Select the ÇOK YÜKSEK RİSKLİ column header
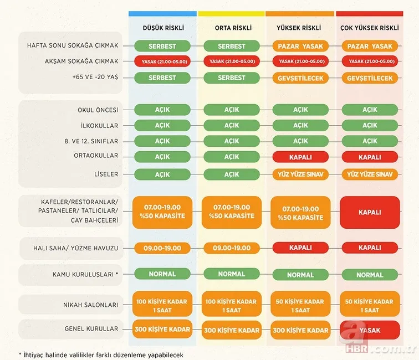[x=370, y=27]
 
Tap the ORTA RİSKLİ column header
[x=231, y=27]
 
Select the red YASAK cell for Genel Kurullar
[x=370, y=330]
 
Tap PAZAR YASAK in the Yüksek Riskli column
[x=300, y=46]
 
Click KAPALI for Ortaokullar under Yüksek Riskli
[x=300, y=157]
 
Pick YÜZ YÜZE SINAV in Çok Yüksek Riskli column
[x=370, y=174]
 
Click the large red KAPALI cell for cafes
[x=370, y=212]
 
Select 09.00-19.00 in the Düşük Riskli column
[x=162, y=248]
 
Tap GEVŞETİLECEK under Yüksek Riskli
[x=300, y=78]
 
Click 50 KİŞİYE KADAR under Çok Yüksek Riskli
[x=370, y=306]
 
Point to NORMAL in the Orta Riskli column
[x=231, y=274]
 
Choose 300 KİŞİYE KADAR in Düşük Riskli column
[x=162, y=330]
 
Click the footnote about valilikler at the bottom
[x=100, y=354]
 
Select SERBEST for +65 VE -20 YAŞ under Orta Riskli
[x=231, y=78]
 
